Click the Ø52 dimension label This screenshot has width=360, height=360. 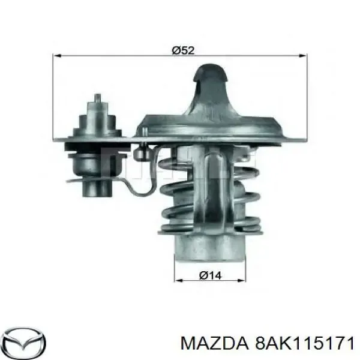click(x=182, y=51)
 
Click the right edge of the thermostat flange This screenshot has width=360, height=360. click(x=300, y=139)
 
